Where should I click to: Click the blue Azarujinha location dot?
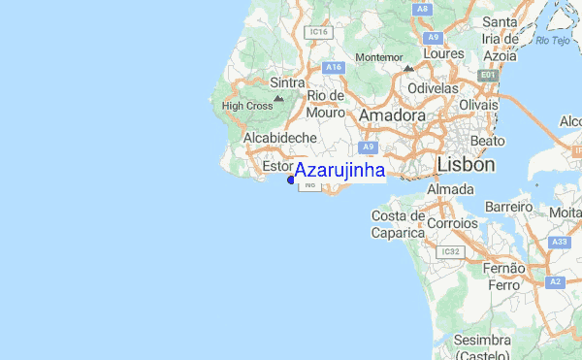click(291, 179)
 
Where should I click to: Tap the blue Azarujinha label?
click(339, 171)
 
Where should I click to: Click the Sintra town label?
click(261, 83)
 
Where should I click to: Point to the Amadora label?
click(392, 115)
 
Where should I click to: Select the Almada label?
click(450, 188)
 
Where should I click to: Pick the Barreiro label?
click(509, 207)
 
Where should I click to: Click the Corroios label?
click(452, 223)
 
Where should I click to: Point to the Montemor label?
click(378, 57)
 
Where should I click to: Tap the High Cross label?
click(246, 106)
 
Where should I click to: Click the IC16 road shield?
click(316, 32)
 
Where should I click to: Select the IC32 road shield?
click(450, 251)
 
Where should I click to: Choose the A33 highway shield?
click(560, 242)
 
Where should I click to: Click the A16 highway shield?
click(334, 66)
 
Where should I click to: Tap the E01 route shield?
click(488, 75)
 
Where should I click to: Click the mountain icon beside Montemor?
click(408, 69)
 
